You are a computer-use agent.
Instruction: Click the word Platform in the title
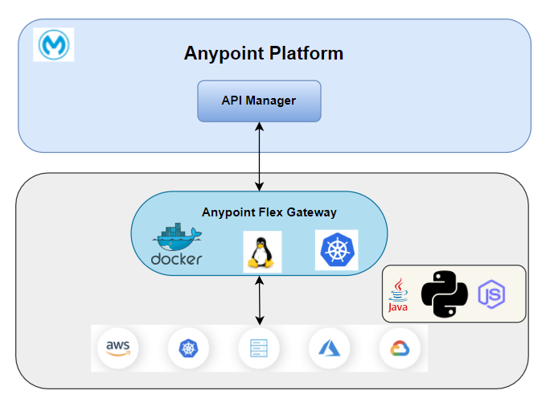(x=303, y=54)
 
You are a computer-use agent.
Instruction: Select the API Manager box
(x=259, y=101)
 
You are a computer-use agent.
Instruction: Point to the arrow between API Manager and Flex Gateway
(x=259, y=156)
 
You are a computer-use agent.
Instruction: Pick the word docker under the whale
(x=176, y=259)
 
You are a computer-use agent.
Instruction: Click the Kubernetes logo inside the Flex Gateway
(x=336, y=249)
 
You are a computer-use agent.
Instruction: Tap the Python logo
(x=445, y=293)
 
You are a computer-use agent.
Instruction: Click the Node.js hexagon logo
(x=491, y=294)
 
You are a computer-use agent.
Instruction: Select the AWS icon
(x=117, y=348)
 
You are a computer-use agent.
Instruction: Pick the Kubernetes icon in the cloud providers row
(x=188, y=348)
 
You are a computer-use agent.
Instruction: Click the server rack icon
(x=258, y=348)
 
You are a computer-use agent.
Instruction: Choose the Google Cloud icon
(x=399, y=348)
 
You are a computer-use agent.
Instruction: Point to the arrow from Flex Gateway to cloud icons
(x=259, y=299)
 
